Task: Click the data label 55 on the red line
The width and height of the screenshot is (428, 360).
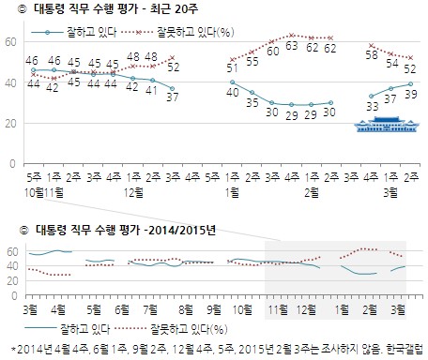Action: [251, 62]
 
